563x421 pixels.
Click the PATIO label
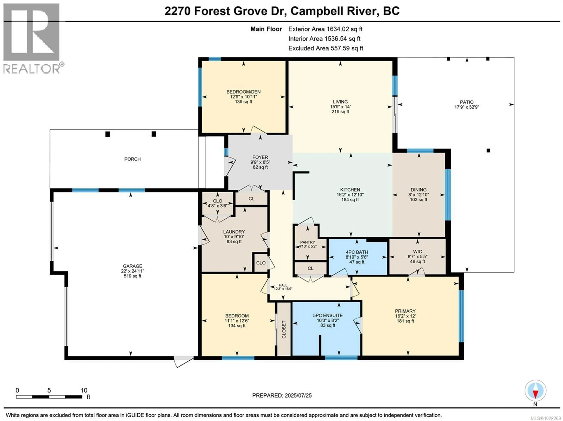(467, 102)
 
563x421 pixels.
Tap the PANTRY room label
(307, 242)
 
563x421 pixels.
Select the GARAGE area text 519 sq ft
(132, 276)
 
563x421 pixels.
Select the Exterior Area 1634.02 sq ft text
(325, 29)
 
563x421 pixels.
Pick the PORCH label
(132, 159)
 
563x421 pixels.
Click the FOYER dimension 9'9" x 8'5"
(260, 162)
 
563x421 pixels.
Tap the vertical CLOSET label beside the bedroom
(284, 329)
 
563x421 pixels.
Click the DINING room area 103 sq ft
(418, 200)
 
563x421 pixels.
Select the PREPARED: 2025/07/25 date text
(282, 396)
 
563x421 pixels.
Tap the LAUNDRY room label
(234, 232)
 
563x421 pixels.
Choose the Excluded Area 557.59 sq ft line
(325, 48)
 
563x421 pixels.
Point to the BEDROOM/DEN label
(243, 92)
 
